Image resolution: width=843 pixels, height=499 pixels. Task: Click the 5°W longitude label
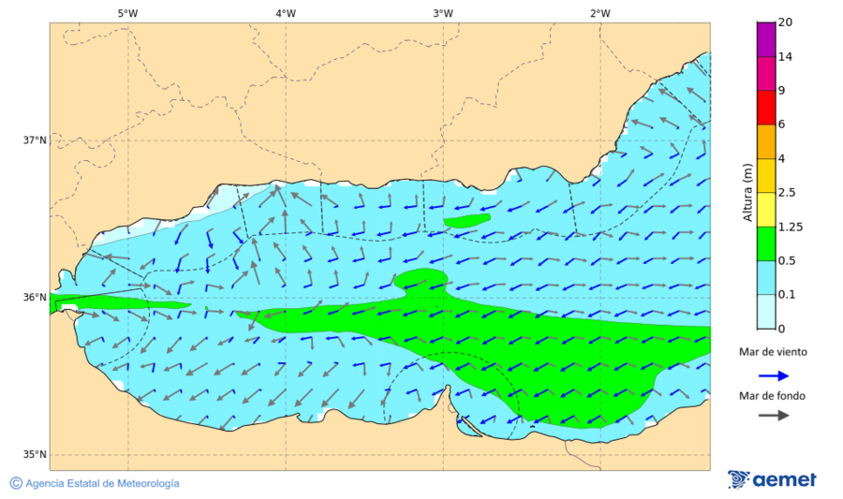[x=127, y=13]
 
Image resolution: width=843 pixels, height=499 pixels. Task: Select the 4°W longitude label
[x=286, y=13]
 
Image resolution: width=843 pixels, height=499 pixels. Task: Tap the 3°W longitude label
[x=443, y=13]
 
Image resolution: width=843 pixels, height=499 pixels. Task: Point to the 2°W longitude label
[x=600, y=13]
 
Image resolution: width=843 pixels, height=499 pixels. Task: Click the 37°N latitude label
[x=35, y=140]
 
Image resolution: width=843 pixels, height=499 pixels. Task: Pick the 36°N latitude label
[x=35, y=298]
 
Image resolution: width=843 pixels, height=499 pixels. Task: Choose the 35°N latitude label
[x=35, y=455]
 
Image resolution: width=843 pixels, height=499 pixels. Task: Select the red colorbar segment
[x=765, y=107]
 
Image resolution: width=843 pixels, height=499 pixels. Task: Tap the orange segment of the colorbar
[x=765, y=141]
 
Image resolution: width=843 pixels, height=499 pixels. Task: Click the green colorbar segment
[x=765, y=243]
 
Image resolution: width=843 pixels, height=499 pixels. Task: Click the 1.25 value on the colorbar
[x=791, y=227]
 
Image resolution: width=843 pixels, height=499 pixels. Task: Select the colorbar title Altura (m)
[x=747, y=192]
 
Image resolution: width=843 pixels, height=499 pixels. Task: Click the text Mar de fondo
[x=772, y=396]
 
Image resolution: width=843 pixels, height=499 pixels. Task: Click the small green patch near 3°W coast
[x=466, y=221]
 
